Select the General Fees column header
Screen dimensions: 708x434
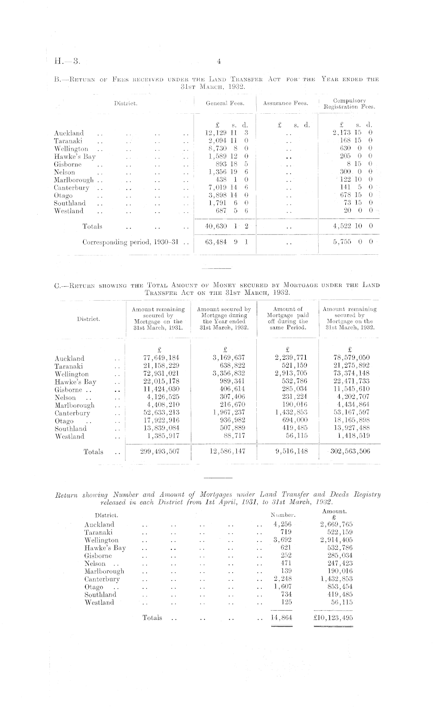[x=225, y=103]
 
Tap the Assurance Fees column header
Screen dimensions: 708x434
[x=286, y=103]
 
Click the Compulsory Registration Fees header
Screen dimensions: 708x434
[x=349, y=104]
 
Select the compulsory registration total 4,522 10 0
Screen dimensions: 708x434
[x=353, y=226]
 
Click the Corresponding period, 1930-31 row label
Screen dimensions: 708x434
[x=131, y=242]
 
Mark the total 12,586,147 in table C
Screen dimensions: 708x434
[x=226, y=451]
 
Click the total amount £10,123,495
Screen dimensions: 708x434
[x=333, y=618]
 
